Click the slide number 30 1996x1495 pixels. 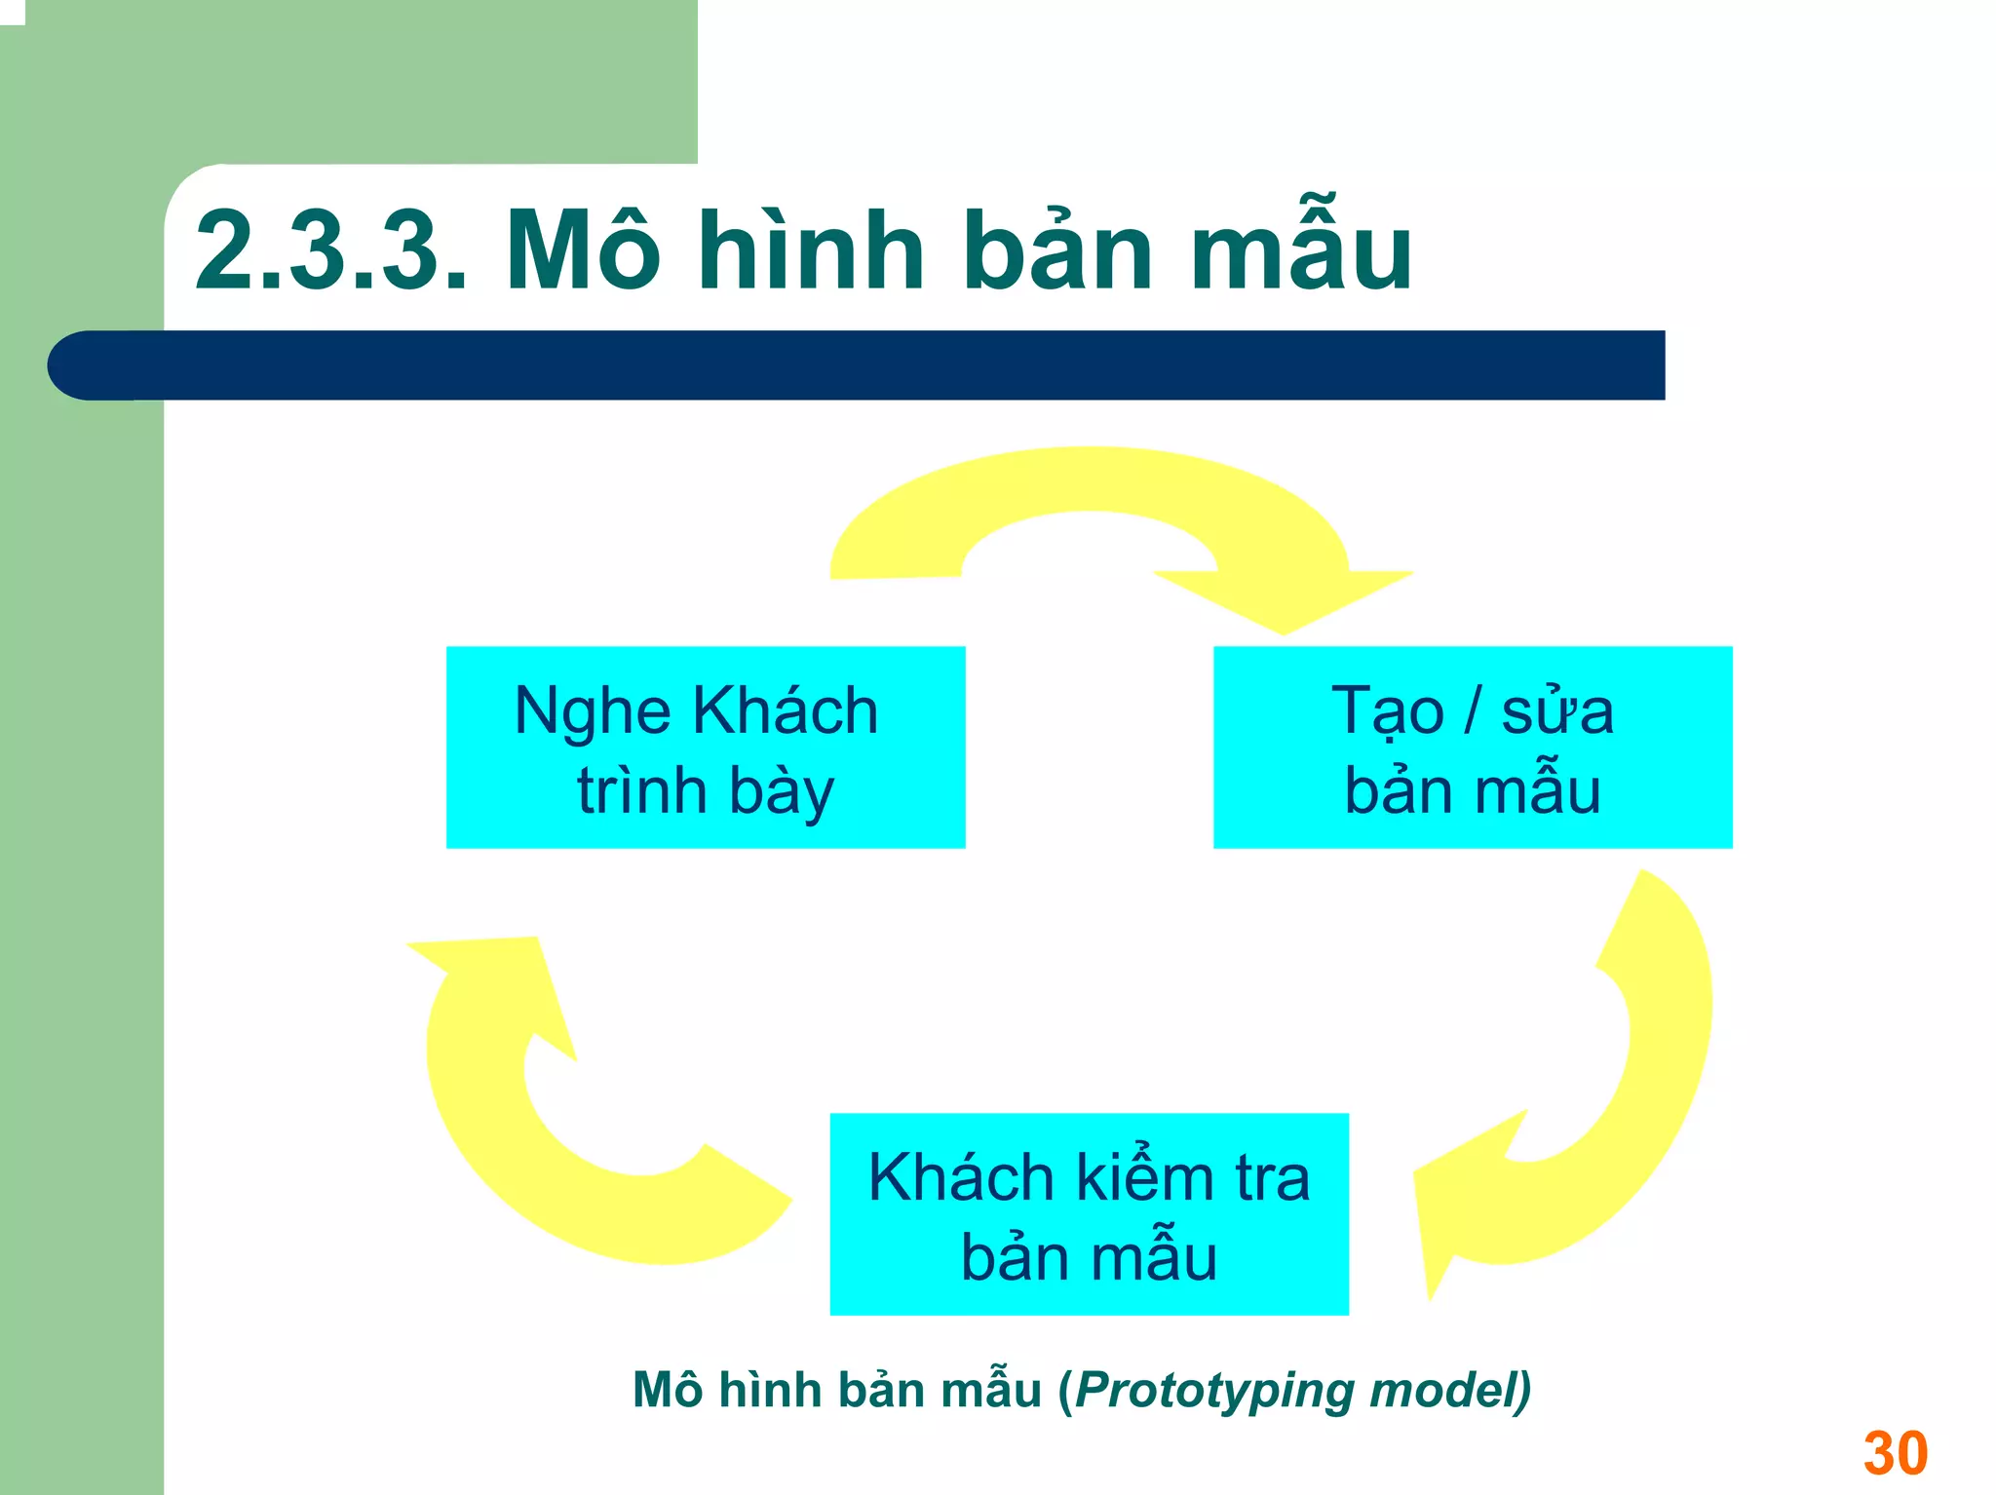tap(1895, 1453)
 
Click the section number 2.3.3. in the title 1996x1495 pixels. tap(331, 251)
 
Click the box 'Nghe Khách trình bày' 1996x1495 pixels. tap(706, 747)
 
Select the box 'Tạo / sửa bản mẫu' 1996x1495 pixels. tap(1472, 747)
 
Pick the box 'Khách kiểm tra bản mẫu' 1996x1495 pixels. tap(1089, 1214)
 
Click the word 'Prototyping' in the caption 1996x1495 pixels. tap(1214, 1391)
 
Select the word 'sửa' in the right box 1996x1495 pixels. tap(1557, 710)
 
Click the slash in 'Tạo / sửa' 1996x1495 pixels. tap(1473, 710)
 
